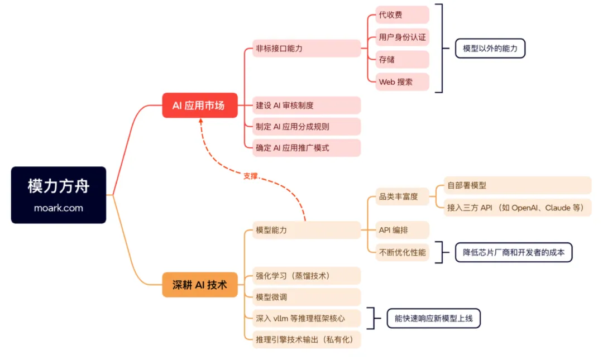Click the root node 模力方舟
[58, 186]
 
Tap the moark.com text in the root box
[58, 208]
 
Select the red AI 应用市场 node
[200, 105]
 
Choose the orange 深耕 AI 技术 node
[200, 285]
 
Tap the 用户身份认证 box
[402, 37]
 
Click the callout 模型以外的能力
[490, 49]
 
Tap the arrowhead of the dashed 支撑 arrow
[200, 121]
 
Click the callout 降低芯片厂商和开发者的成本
[514, 252]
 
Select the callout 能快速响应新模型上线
[433, 319]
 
